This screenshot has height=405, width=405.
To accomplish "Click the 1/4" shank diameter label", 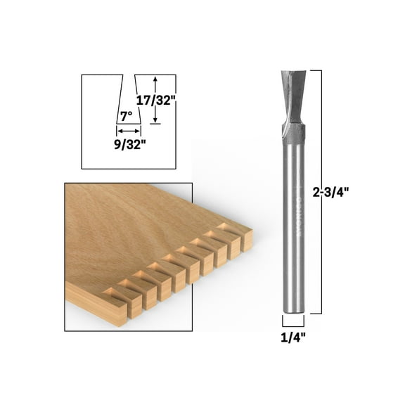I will click(x=292, y=337).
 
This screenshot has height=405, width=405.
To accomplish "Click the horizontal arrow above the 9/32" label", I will click(x=128, y=131).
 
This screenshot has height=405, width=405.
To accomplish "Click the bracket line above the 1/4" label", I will click(x=293, y=322).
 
